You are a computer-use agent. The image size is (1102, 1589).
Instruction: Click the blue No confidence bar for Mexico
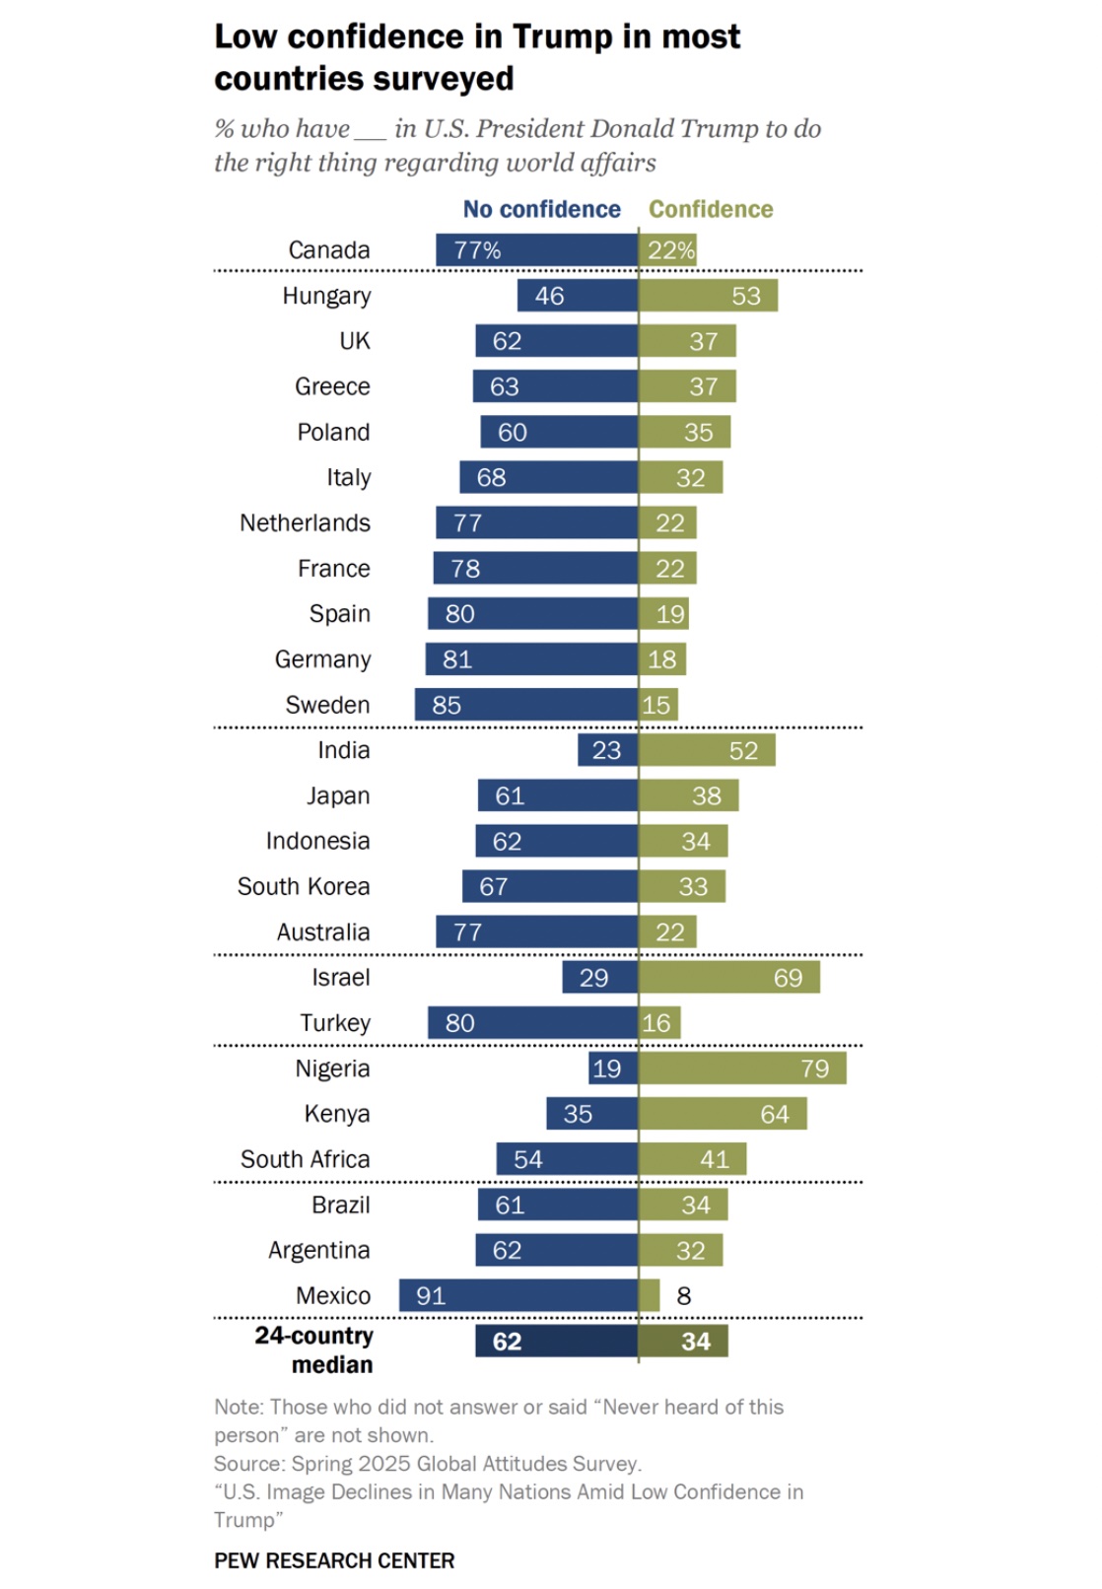(518, 1295)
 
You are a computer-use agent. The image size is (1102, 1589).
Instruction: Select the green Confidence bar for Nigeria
(742, 1069)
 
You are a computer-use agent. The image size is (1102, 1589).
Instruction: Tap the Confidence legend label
(711, 210)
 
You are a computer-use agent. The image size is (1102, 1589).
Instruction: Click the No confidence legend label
(541, 210)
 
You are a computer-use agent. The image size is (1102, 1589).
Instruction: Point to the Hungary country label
(326, 296)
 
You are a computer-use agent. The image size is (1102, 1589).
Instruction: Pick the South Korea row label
(304, 886)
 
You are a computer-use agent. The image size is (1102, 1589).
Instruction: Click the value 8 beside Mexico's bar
(684, 1296)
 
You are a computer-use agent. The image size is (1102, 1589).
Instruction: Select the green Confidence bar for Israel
(729, 978)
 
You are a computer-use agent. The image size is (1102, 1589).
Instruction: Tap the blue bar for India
(607, 750)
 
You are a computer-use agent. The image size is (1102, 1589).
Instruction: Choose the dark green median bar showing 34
(683, 1342)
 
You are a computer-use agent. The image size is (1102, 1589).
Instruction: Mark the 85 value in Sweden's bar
(447, 706)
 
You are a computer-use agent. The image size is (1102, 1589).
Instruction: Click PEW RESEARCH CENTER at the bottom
(334, 1560)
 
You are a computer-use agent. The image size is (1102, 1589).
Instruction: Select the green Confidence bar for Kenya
(723, 1114)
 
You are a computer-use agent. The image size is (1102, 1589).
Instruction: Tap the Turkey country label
(335, 1023)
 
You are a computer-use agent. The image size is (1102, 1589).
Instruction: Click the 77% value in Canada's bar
(477, 250)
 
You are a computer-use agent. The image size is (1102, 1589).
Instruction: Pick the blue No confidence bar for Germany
(531, 659)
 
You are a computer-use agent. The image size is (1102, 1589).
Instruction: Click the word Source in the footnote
(248, 1464)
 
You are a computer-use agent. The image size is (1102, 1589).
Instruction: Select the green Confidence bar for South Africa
(692, 1159)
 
